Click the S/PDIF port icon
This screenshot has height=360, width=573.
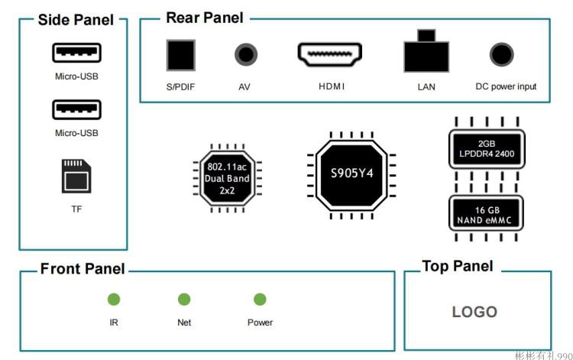pyautogui.click(x=181, y=55)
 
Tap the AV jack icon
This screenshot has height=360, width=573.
pyautogui.click(x=246, y=54)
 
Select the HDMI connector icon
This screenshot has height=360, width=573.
pyautogui.click(x=329, y=54)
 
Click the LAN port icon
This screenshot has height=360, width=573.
pyautogui.click(x=426, y=50)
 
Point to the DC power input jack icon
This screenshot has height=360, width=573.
pyautogui.click(x=502, y=54)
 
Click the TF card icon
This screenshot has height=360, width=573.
pyautogui.click(x=76, y=176)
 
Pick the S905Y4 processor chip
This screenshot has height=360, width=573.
pyautogui.click(x=351, y=176)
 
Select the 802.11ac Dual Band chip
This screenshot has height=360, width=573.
pyautogui.click(x=227, y=178)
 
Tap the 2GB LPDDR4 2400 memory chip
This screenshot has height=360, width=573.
pyautogui.click(x=487, y=149)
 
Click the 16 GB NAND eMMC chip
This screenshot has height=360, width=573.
pyautogui.click(x=486, y=213)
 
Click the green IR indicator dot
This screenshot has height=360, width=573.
pyautogui.click(x=114, y=300)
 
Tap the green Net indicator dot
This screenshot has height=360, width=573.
pyautogui.click(x=184, y=300)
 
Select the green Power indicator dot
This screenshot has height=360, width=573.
pyautogui.click(x=260, y=300)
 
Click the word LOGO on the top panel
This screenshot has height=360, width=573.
pyautogui.click(x=474, y=312)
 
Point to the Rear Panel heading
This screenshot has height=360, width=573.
pyautogui.click(x=205, y=18)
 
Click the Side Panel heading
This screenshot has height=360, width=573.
pyautogui.click(x=76, y=20)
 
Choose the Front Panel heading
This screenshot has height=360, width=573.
pyautogui.click(x=83, y=268)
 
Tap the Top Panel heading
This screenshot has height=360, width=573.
pyautogui.click(x=458, y=266)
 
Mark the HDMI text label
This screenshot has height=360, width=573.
pyautogui.click(x=332, y=86)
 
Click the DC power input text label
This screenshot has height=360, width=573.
pyautogui.click(x=506, y=86)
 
